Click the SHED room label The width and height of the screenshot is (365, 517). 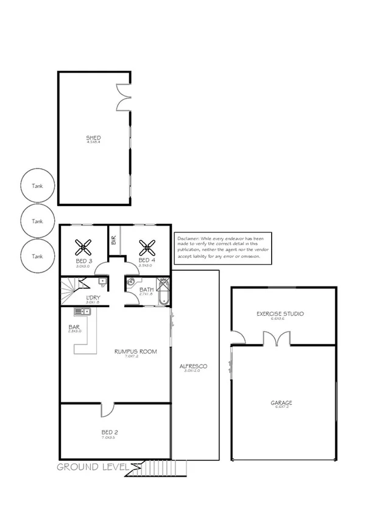click(93, 138)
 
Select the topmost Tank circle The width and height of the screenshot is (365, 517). click(38, 187)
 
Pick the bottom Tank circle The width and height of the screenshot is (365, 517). click(38, 255)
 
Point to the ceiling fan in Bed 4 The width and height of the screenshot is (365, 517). click(146, 247)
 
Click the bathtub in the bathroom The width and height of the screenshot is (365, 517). click(163, 297)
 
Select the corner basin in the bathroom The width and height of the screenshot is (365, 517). click(130, 282)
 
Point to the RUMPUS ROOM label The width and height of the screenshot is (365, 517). click(136, 352)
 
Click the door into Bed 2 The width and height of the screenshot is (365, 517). click(107, 410)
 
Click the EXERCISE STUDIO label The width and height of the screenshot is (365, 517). click(280, 313)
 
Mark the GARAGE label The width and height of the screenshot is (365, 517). click(282, 402)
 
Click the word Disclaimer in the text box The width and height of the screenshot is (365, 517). click(190, 238)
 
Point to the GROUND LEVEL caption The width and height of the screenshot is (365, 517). click(93, 467)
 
